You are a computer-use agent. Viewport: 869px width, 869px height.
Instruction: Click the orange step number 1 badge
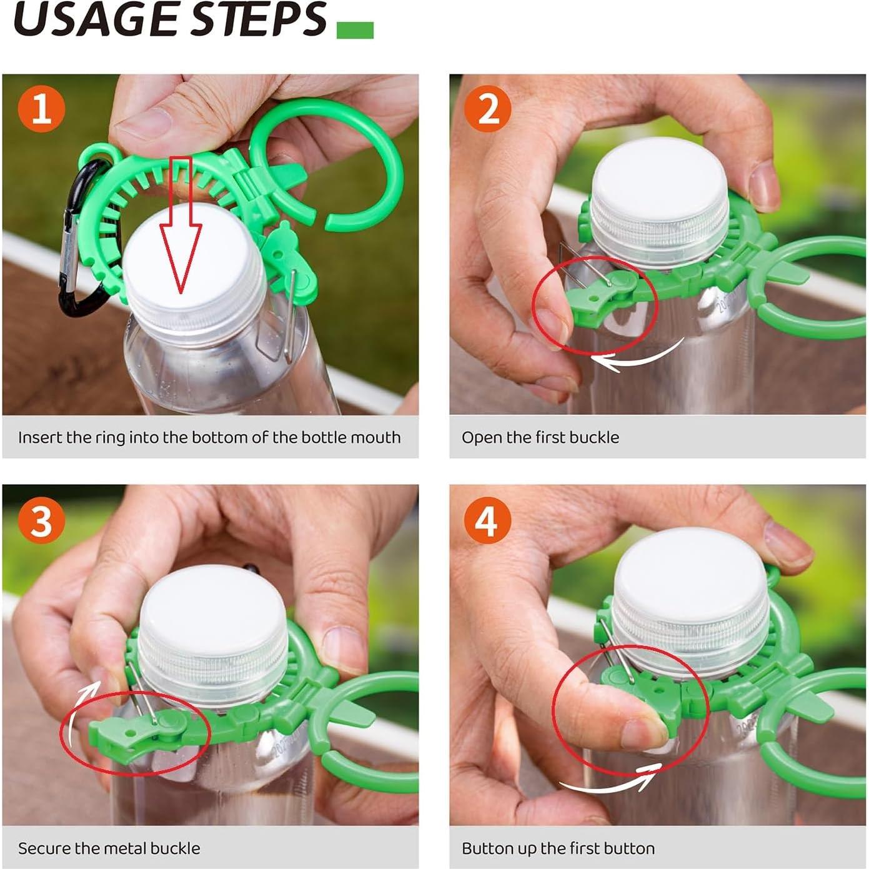(x=41, y=109)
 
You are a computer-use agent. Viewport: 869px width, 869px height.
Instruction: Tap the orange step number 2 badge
(x=488, y=109)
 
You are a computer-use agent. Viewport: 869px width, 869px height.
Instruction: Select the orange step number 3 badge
(x=41, y=520)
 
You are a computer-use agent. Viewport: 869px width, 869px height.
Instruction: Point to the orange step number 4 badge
(x=488, y=520)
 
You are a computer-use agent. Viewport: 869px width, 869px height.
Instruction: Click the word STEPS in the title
(x=258, y=20)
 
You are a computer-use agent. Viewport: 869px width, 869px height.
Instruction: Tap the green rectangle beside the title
(x=355, y=30)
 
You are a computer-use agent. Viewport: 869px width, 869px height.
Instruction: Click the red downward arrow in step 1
(x=181, y=231)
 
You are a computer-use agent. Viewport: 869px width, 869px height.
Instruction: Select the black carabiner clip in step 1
(x=78, y=244)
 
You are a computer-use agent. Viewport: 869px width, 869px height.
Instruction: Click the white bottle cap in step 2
(x=659, y=181)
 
